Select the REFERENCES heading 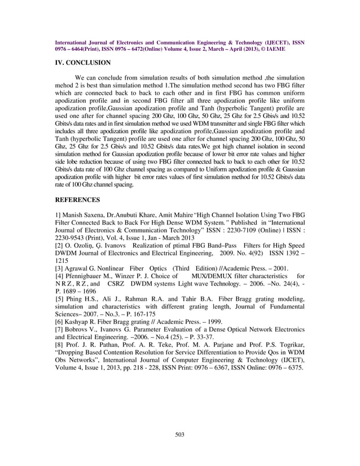(77, 199)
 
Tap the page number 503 (180, 434)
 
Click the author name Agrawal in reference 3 (78, 269)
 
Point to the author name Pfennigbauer (85, 276)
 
